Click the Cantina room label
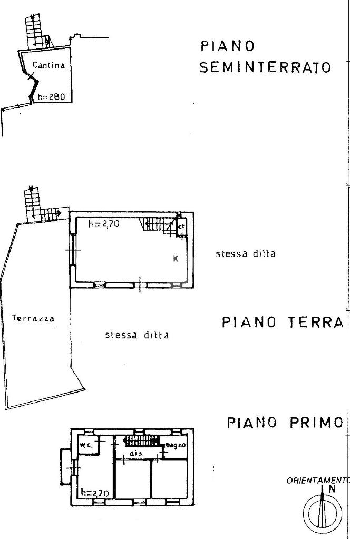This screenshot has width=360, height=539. coord(48,66)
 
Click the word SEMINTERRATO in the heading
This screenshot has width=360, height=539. coord(265,68)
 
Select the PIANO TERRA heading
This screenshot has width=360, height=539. coord(283,322)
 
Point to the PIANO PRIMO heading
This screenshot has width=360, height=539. coord(285,423)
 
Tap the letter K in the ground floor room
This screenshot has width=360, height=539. coord(176,258)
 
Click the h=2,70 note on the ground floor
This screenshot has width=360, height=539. coord(104,223)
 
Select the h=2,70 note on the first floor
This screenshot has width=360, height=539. coord(94,494)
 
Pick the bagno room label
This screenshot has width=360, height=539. coord(173,446)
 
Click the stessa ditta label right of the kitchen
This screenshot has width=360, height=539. coord(245,253)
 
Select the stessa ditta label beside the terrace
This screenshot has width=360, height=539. coord(137,335)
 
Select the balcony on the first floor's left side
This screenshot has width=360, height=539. coord(65,466)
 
